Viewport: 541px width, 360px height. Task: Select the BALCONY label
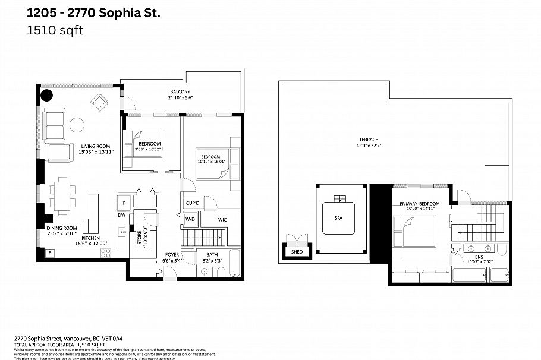click(x=179, y=92)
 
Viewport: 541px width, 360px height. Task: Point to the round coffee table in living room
click(x=77, y=124)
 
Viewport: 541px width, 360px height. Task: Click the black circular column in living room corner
click(x=46, y=95)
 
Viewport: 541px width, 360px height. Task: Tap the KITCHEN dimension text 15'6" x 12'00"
click(x=90, y=243)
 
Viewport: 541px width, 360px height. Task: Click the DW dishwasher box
click(x=121, y=216)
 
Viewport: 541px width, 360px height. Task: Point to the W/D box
click(x=190, y=219)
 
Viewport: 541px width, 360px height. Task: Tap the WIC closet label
click(x=222, y=219)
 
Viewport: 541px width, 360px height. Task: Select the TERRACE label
click(x=367, y=140)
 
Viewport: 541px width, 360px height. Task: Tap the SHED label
click(x=296, y=252)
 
